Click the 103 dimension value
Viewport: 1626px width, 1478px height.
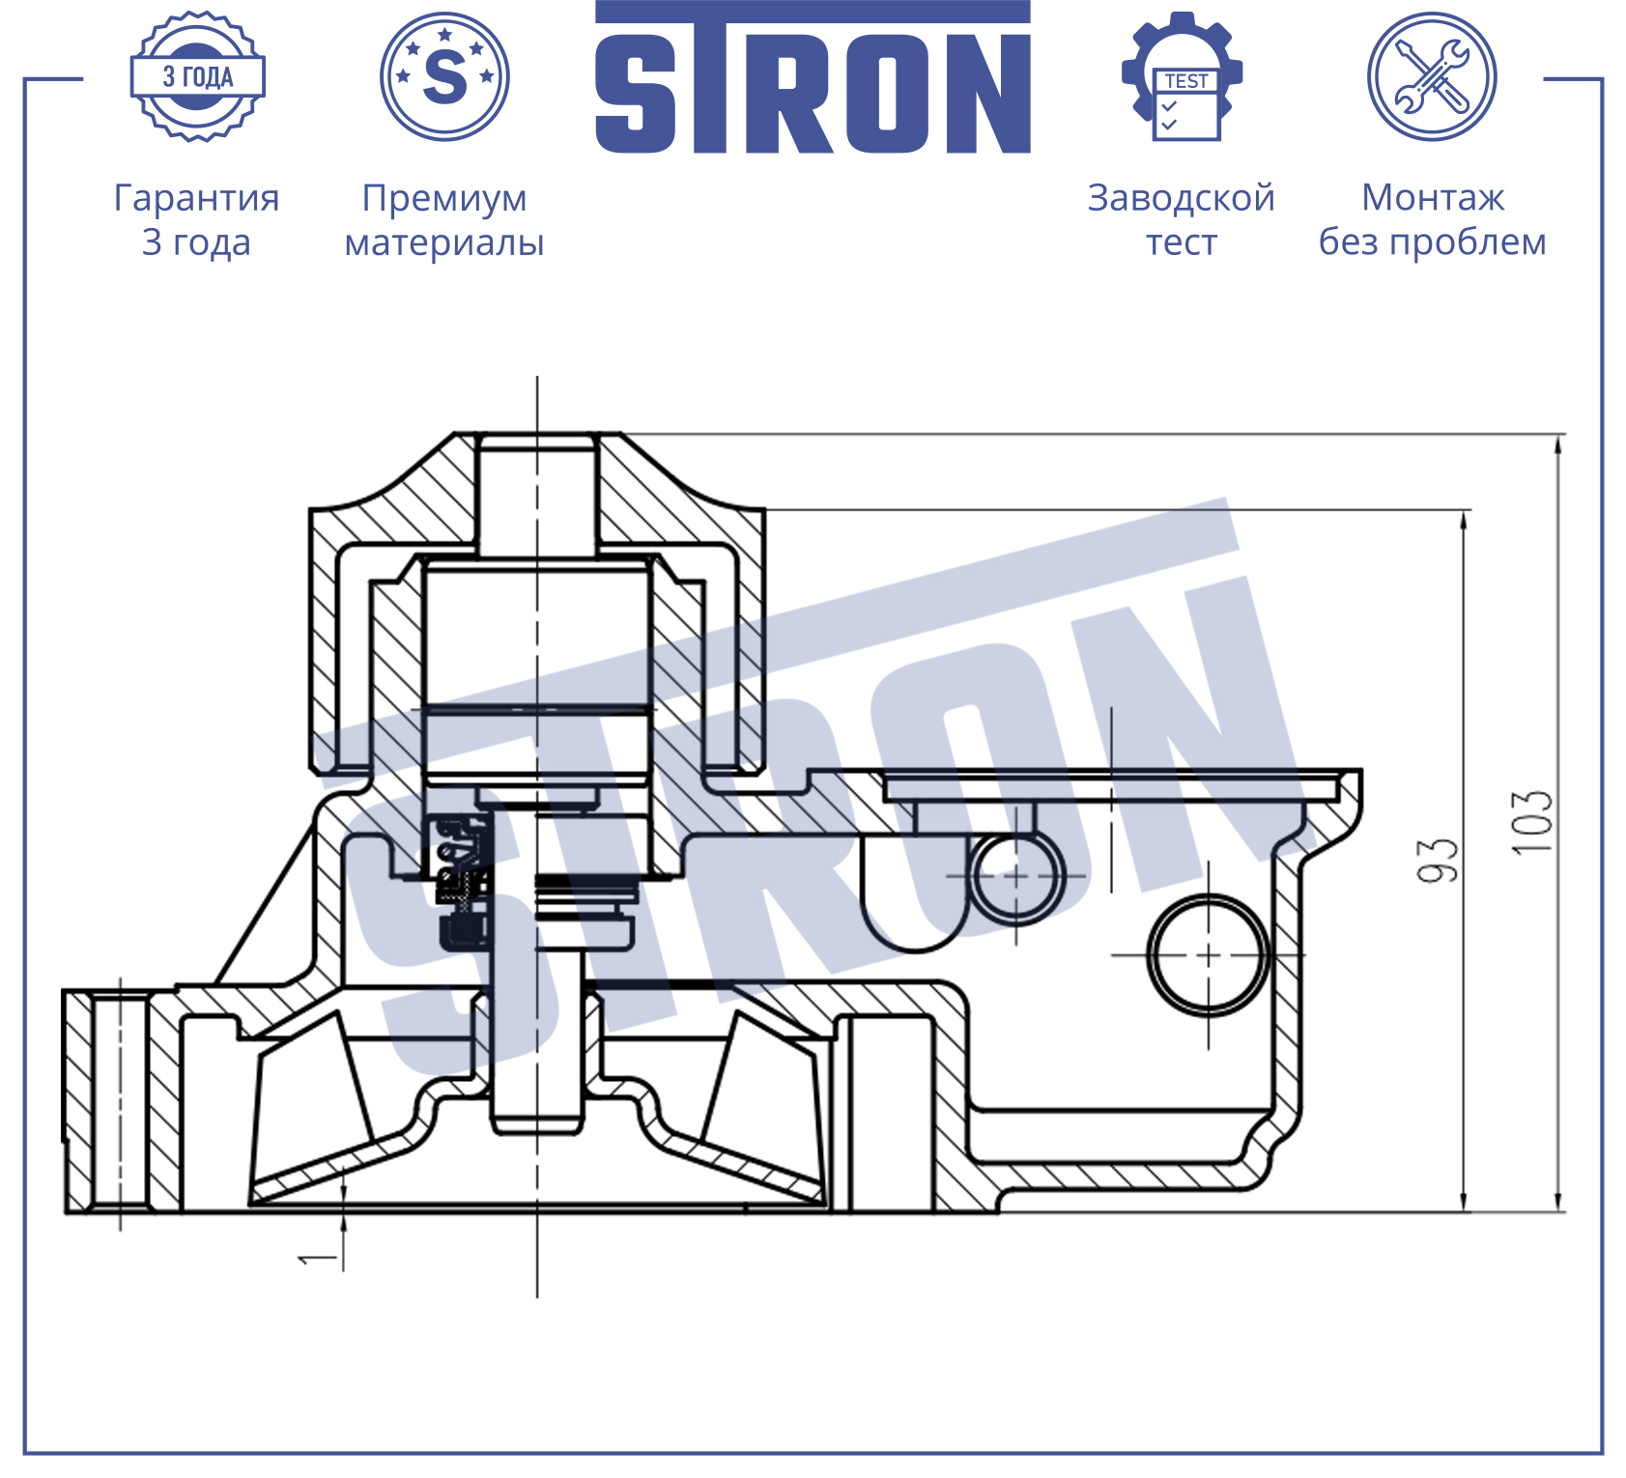click(x=1532, y=822)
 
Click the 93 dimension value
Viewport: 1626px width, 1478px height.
click(x=1437, y=860)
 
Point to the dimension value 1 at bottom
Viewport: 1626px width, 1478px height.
click(x=317, y=1259)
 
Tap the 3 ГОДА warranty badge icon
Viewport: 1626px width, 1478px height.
click(x=198, y=76)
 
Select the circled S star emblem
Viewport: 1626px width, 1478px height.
click(x=444, y=76)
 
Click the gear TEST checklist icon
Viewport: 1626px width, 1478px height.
click(x=1183, y=76)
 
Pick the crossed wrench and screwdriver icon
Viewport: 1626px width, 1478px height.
click(x=1432, y=76)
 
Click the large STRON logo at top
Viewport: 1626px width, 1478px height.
click(x=813, y=77)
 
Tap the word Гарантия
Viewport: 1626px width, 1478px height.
click(x=197, y=198)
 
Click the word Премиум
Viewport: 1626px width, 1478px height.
click(x=444, y=198)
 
